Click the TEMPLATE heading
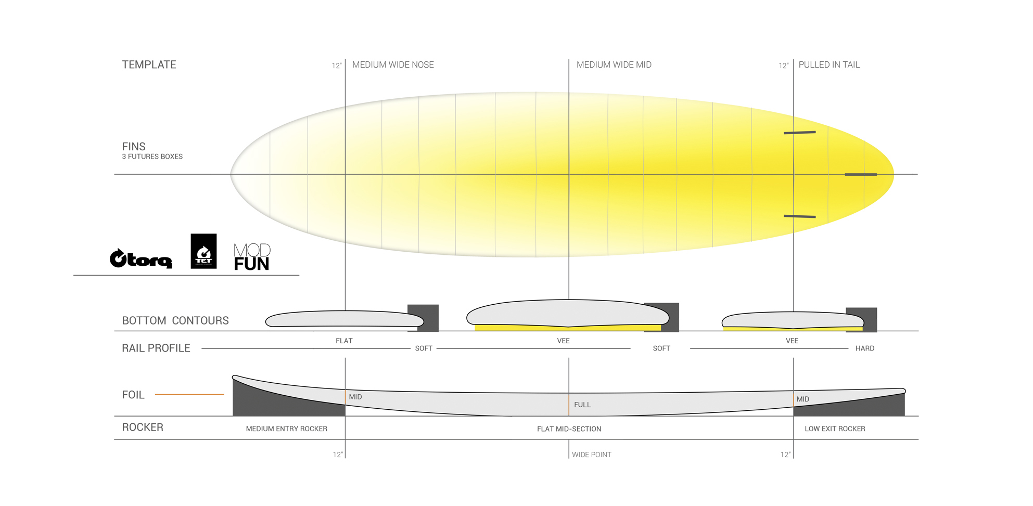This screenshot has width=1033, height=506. coord(149,64)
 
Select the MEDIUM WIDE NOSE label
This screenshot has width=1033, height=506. coord(393,64)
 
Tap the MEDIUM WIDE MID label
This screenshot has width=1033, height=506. coord(614,64)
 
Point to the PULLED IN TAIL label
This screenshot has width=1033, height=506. coord(829,64)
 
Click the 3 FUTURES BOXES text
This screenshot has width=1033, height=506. coord(152,157)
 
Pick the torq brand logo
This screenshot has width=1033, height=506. coord(141,258)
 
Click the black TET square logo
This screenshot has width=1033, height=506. coord(203,251)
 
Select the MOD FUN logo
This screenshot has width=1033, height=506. coord(252,257)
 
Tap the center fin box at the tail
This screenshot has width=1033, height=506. coord(861,174)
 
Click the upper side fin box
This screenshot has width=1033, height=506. coord(800,133)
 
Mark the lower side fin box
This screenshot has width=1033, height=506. coord(800,216)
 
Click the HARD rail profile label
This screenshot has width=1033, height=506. coord(865,348)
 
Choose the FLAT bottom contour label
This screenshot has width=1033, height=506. coord(344,341)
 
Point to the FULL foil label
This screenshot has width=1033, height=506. coord(582,405)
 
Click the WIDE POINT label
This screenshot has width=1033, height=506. coord(592,455)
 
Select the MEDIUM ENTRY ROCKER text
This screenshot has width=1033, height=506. coord(286,429)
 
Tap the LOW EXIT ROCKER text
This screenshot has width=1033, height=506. coord(835,429)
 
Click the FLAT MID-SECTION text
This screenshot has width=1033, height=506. coord(569,429)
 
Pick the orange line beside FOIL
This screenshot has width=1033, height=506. coord(189,394)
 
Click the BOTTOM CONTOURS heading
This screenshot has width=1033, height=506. coord(175,320)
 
